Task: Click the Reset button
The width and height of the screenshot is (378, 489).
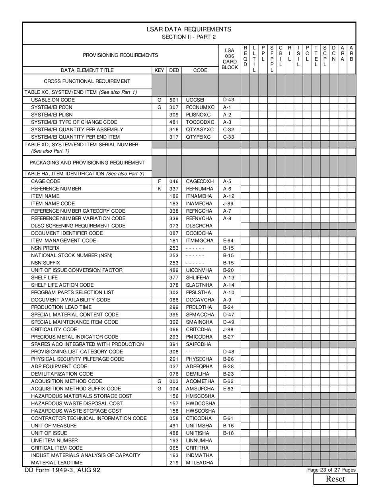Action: (335, 479)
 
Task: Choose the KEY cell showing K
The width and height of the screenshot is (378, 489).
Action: (159, 189)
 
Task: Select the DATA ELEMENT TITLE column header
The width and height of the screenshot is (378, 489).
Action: (87, 70)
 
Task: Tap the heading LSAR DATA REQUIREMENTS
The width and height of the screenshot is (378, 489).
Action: (189, 29)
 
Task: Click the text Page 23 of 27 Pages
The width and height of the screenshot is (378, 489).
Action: (331, 470)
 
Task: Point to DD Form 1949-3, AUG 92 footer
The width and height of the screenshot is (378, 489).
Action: (62, 470)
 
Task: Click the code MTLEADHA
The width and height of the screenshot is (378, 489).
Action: (200, 463)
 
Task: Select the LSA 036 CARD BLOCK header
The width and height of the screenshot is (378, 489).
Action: (230, 59)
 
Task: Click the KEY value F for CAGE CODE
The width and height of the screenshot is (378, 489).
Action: (159, 181)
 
